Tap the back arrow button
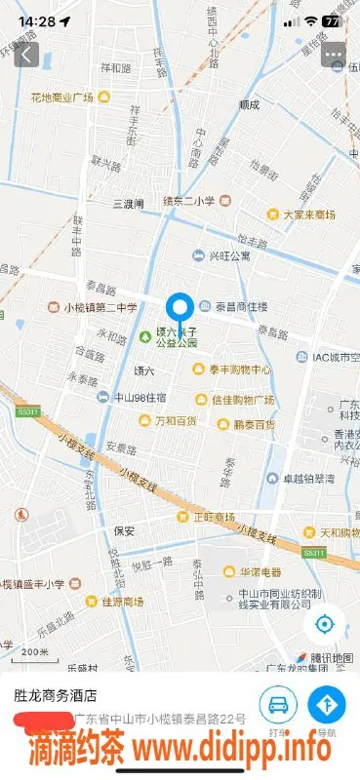25,55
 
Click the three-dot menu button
334,55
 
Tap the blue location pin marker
179,309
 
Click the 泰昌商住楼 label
241,306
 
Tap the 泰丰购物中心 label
239,370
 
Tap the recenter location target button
326,623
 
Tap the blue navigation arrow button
327,703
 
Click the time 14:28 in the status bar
36,19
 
